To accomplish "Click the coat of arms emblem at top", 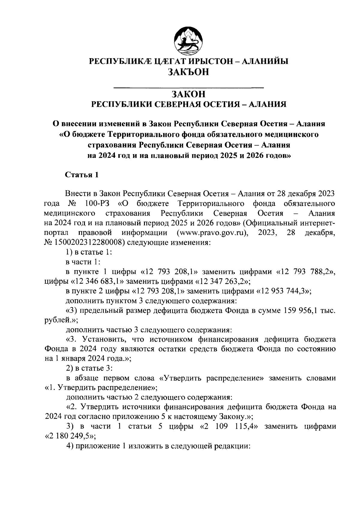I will tap(188, 41).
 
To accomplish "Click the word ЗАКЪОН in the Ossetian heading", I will tap(188, 72).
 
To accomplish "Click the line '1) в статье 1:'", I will tap(89, 253).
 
